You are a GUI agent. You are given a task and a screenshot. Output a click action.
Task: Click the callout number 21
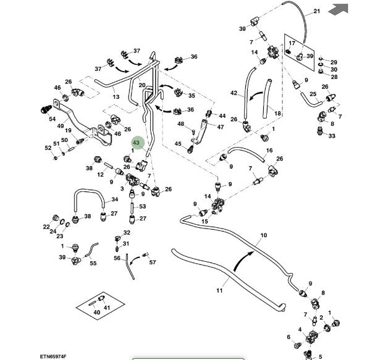tap(317, 11)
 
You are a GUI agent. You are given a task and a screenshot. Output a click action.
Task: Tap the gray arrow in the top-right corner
tap(338, 9)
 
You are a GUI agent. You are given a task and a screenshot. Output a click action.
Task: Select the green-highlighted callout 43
tap(137, 143)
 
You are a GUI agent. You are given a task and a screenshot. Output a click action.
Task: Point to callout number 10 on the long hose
tap(264, 235)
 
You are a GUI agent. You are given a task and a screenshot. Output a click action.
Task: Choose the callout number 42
tap(234, 93)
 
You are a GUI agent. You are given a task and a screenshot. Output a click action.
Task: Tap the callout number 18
tap(277, 114)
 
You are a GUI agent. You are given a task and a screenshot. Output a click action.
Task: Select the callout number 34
tap(115, 200)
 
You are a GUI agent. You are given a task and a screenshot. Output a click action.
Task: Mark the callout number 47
tap(221, 127)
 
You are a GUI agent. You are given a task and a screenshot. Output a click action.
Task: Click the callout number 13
tap(116, 97)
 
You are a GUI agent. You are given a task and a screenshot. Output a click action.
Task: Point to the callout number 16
tap(269, 151)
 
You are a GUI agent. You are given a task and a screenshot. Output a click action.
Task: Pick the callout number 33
tap(332, 136)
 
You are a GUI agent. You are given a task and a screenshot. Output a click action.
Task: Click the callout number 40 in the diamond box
tap(96, 312)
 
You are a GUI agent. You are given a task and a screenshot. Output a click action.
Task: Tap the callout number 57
tap(153, 262)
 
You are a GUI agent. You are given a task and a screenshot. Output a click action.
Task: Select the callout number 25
tap(313, 94)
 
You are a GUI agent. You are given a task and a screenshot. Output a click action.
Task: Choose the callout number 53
tap(142, 206)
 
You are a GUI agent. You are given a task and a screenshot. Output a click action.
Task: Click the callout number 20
tap(141, 85)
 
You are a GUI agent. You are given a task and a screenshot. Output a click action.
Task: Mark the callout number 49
tap(61, 126)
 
